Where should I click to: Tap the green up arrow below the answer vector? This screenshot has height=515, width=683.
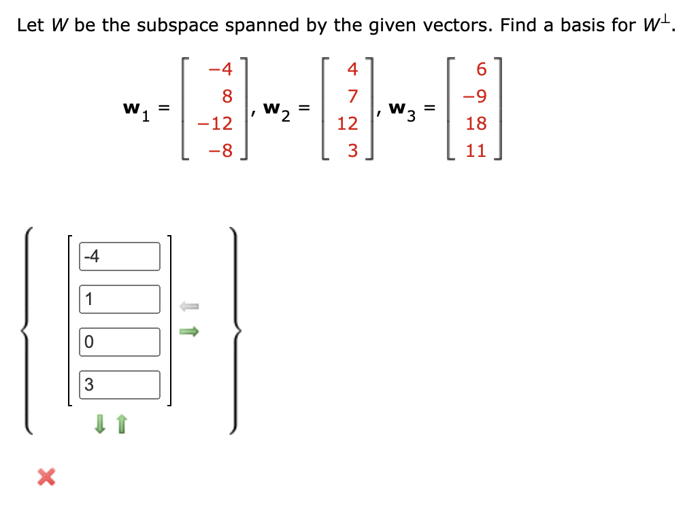(121, 425)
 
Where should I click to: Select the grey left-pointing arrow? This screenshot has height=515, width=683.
(188, 307)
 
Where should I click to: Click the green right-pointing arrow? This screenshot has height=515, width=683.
(188, 331)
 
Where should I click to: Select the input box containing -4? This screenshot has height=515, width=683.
(120, 256)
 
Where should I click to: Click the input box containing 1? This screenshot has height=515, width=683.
(120, 299)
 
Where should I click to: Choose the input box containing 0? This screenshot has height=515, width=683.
(120, 342)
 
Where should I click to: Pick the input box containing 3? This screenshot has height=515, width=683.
(120, 385)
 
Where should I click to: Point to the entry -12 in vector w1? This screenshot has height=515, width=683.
(214, 124)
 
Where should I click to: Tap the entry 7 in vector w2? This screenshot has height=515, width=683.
(352, 96)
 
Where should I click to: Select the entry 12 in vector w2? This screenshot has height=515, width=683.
(347, 124)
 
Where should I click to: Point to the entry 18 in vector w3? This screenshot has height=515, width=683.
(476, 124)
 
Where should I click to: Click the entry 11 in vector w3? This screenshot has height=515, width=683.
(476, 151)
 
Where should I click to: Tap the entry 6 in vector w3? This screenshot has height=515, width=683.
(482, 69)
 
